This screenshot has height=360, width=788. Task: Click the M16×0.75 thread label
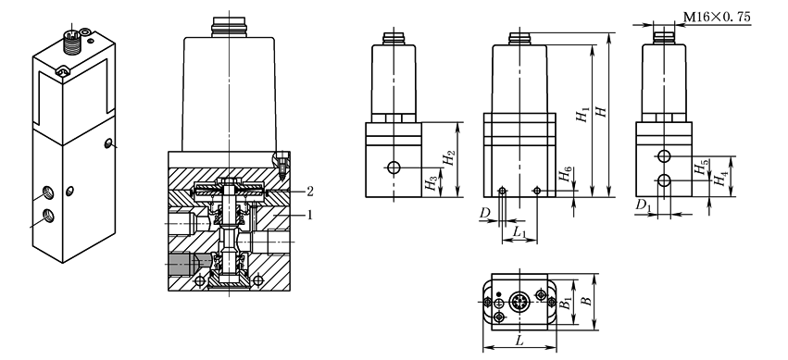[x=717, y=17]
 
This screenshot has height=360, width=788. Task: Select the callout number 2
[x=310, y=191]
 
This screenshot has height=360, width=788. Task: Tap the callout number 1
[x=310, y=215]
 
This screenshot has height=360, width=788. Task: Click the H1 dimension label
[x=583, y=116]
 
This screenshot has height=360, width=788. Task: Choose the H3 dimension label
[x=431, y=183]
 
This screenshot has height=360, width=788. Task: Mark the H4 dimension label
[x=721, y=179]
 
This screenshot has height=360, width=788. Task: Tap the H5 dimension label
[x=702, y=168]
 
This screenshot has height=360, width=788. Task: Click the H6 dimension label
[x=566, y=176]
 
